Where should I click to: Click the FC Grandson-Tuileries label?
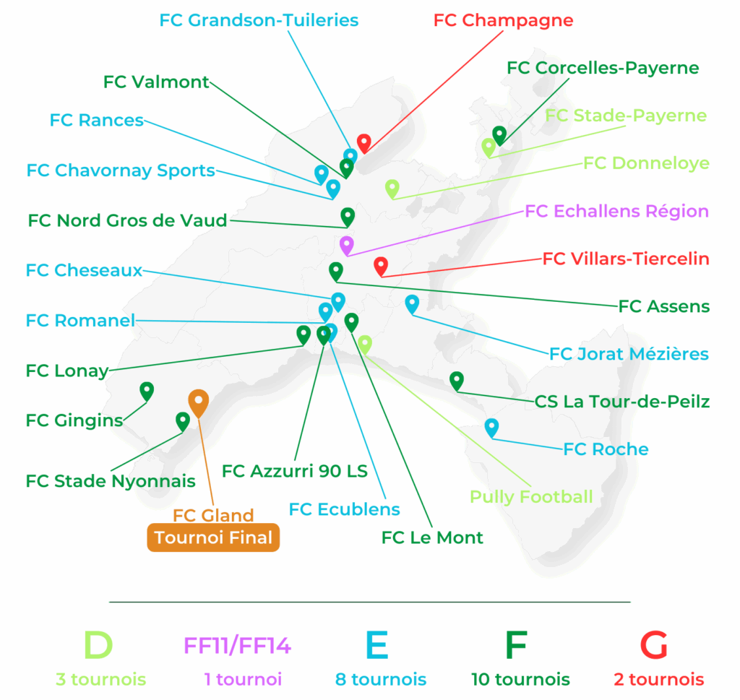(259, 20)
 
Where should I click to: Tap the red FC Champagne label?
(503, 20)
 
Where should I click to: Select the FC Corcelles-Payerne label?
(603, 68)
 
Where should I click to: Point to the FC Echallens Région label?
(616, 211)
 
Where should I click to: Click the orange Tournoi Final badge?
(213, 537)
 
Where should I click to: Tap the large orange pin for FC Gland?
(199, 402)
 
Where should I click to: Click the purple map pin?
(346, 244)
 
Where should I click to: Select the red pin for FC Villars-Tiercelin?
(381, 265)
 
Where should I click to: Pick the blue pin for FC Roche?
(491, 426)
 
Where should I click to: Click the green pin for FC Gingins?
(147, 390)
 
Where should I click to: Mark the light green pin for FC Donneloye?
(392, 187)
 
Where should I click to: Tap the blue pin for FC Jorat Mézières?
(412, 303)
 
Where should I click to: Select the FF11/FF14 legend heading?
(238, 645)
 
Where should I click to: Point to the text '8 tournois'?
(381, 680)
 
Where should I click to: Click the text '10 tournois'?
(520, 680)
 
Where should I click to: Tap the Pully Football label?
(531, 496)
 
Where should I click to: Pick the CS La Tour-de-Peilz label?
(622, 401)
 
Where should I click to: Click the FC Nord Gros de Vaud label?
(128, 220)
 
